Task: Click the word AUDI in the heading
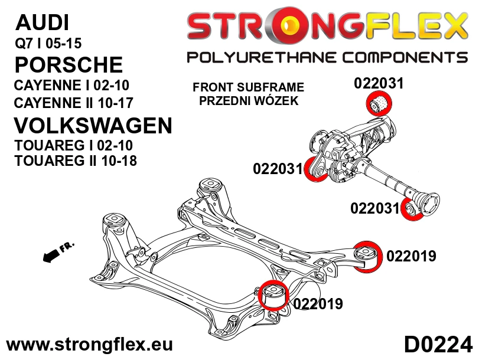point(42,22)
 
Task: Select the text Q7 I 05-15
point(48,43)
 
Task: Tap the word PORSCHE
point(69,64)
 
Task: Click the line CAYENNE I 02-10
point(71,85)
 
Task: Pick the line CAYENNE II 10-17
point(74,103)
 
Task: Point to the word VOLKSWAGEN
point(93,126)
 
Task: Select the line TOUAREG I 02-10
point(73,145)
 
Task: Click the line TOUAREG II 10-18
point(76,161)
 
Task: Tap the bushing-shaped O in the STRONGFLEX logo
point(286,26)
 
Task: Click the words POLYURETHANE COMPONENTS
point(327,57)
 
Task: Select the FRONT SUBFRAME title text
point(248,87)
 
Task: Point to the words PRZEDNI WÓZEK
point(249,100)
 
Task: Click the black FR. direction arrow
point(52,256)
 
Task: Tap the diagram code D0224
point(438,345)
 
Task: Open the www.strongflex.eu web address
point(90,345)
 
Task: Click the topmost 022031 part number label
point(379,83)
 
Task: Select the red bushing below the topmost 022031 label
point(379,104)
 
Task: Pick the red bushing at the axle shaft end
point(412,208)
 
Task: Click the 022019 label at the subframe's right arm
point(411,256)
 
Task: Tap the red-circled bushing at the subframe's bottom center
point(273,294)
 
